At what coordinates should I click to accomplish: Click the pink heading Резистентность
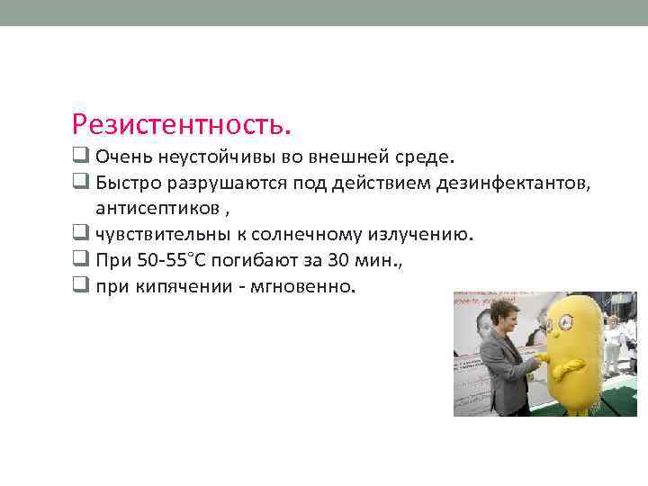[x=183, y=123]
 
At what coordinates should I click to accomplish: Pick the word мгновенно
[x=308, y=287]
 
